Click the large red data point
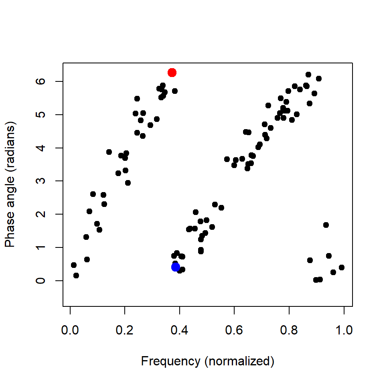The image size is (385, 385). (172, 73)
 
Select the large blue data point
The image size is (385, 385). (175, 267)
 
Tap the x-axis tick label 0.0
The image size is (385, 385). (70, 331)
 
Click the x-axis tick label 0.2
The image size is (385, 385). (125, 331)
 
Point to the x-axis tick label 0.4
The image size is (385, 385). (180, 331)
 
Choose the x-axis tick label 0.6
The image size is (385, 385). (234, 331)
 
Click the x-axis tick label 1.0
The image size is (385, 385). (344, 331)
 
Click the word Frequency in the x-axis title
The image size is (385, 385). (170, 361)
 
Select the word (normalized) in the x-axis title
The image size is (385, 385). (239, 361)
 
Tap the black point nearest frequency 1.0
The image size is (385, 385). (342, 267)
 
